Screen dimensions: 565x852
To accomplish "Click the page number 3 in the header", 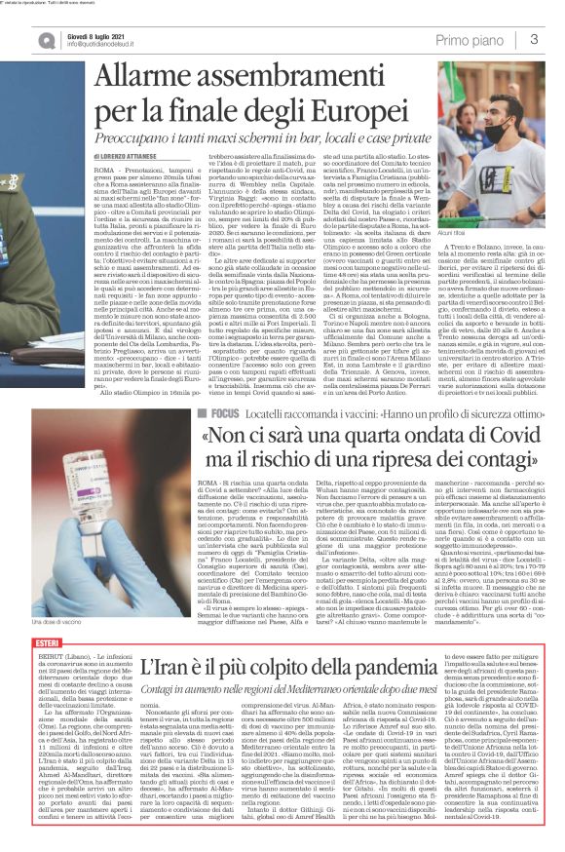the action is coord(535,38).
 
